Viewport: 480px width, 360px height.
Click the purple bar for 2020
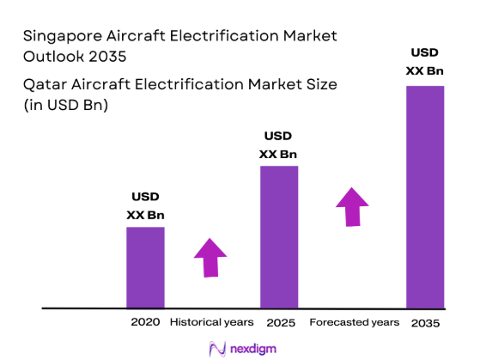tap(145, 267)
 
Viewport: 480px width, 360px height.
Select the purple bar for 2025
tap(279, 236)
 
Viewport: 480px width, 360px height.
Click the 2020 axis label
tap(145, 323)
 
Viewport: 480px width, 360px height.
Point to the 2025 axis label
tap(280, 323)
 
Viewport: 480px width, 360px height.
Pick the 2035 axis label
tap(425, 323)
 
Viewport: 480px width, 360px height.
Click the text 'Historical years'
tap(211, 323)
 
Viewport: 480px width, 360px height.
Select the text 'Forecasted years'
tap(354, 323)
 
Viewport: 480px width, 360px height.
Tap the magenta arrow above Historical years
tap(210, 256)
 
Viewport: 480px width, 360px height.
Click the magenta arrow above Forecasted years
tap(351, 206)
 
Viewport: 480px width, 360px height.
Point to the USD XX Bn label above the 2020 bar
tap(145, 205)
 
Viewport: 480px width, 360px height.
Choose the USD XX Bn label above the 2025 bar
tap(278, 145)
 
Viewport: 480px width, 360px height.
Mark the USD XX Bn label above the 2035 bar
tap(425, 61)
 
